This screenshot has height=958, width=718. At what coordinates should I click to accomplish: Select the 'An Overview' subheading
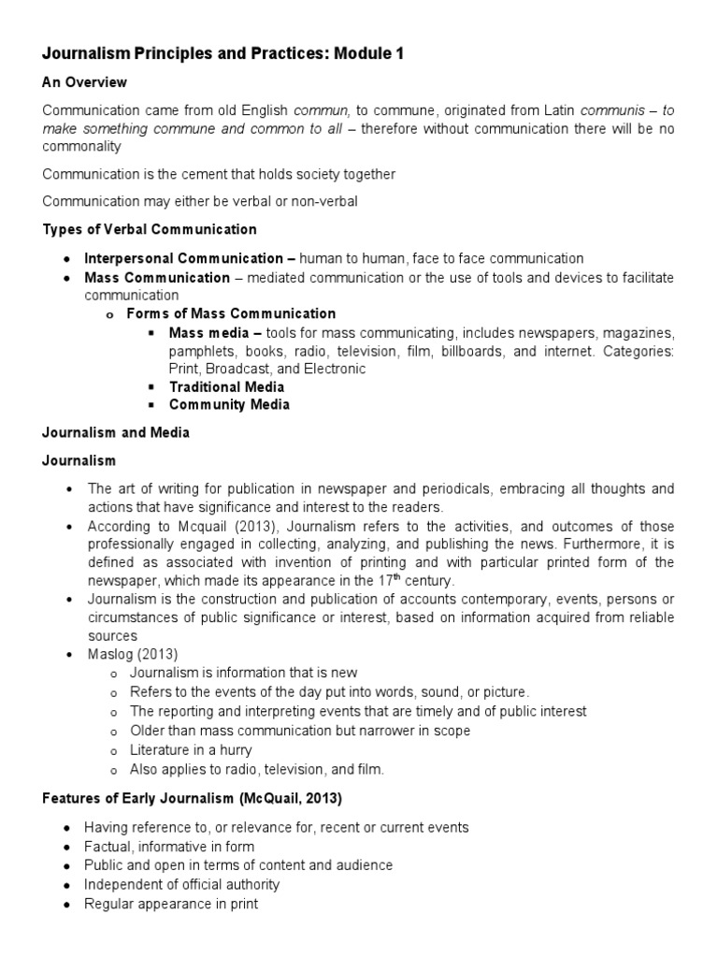pos(84,82)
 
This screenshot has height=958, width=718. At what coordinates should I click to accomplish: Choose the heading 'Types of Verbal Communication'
pos(150,229)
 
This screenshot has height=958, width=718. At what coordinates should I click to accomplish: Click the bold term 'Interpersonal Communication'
pos(183,258)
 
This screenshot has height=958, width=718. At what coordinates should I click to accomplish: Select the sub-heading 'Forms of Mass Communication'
pos(231,313)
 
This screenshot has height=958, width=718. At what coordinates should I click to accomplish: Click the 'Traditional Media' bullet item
pos(226,386)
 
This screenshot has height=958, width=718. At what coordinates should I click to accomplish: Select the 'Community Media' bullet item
pos(229,404)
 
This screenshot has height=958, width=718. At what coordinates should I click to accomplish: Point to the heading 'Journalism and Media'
pos(116,432)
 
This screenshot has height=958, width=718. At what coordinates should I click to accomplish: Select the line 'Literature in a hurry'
pos(191,750)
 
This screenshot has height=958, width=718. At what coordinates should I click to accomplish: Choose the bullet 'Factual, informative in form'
pos(169,847)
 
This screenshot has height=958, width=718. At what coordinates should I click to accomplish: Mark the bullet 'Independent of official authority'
pos(181,884)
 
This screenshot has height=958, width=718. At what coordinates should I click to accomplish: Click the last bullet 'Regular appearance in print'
pos(170,904)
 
